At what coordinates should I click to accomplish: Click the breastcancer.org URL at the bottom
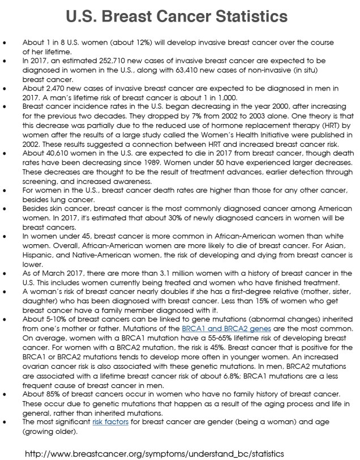(x=155, y=453)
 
